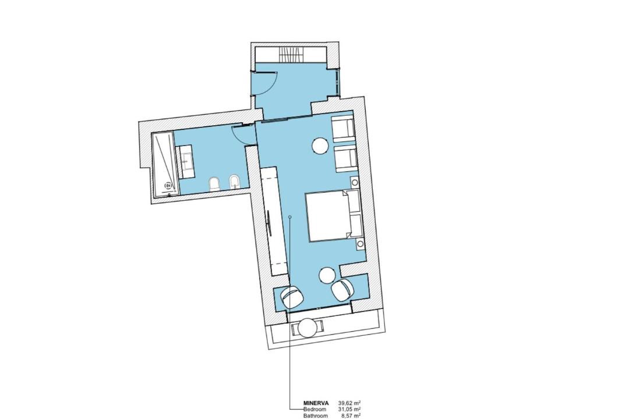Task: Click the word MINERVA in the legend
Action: tap(316, 403)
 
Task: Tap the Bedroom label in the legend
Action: tap(315, 409)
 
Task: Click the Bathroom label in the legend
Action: tap(315, 416)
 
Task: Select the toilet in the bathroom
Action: tap(215, 185)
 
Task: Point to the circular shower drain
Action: tap(169, 185)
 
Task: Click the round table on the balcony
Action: tap(309, 328)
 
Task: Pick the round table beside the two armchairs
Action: tap(321, 145)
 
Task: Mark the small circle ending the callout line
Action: tap(290, 216)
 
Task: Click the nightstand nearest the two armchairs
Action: tap(355, 182)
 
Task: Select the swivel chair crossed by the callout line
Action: tap(292, 297)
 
